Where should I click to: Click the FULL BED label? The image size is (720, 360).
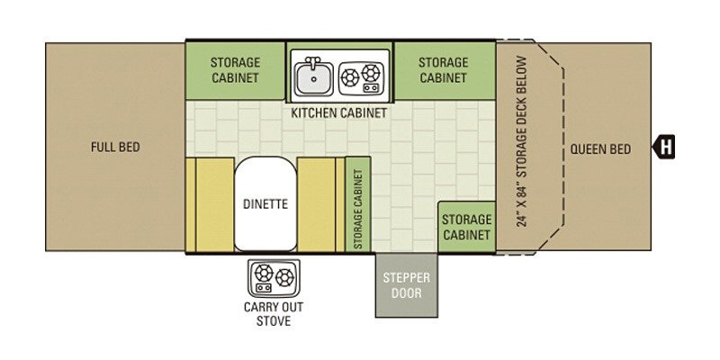(115, 147)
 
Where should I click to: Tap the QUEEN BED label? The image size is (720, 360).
(600, 148)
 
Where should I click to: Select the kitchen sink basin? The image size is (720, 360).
(313, 78)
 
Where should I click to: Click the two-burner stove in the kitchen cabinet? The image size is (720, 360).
(361, 76)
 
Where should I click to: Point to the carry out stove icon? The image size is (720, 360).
(274, 278)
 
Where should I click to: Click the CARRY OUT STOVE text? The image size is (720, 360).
(274, 314)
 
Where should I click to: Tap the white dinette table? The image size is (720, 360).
(265, 204)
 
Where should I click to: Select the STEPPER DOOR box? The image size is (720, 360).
(407, 285)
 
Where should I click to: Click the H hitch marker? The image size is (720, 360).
(664, 148)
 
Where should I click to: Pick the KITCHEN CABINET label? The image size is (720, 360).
(339, 112)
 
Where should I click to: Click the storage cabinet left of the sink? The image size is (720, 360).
(235, 70)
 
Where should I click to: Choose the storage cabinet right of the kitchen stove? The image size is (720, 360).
(444, 70)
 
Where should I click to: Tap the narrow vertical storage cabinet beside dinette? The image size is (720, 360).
(357, 204)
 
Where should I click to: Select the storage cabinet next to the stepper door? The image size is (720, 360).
(466, 227)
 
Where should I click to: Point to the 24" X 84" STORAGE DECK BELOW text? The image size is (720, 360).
(521, 141)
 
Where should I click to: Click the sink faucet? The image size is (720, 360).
(313, 62)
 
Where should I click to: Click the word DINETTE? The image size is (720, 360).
(265, 204)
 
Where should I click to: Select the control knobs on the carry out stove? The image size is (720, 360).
(264, 287)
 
